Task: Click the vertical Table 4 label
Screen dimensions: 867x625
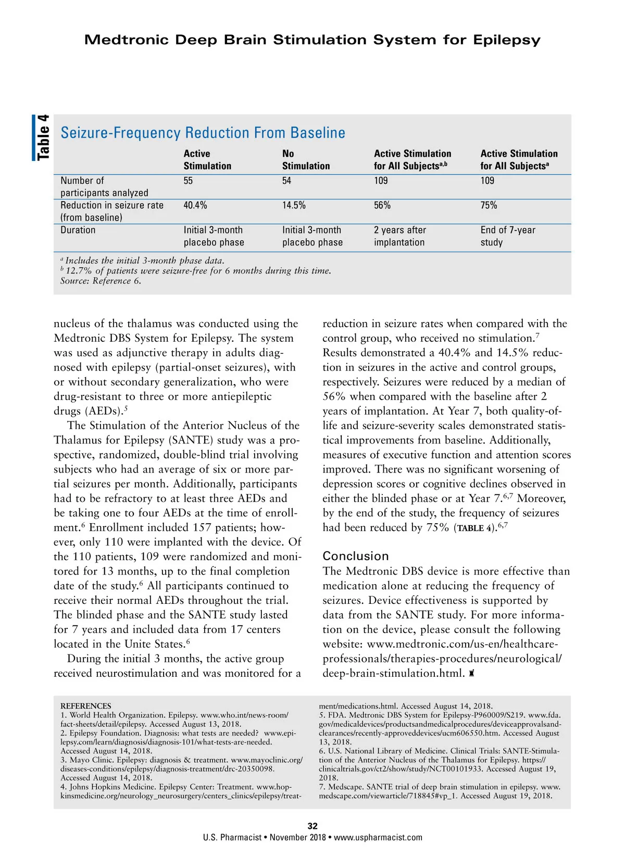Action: (43, 138)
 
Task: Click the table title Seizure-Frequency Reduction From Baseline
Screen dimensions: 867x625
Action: (203, 133)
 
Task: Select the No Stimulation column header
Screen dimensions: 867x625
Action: (306, 159)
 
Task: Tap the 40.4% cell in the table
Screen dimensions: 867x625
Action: (195, 205)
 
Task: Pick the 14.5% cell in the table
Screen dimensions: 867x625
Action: (294, 205)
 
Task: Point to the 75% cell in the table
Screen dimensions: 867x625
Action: (489, 205)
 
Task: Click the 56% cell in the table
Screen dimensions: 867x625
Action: (382, 205)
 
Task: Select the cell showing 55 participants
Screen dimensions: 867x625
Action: (188, 181)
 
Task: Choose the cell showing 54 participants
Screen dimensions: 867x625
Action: (286, 181)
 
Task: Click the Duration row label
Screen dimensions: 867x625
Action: (78, 230)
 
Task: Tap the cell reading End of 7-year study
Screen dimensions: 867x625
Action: (507, 236)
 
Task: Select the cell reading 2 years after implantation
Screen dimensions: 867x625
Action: (399, 236)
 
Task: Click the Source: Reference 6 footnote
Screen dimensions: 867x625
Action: (101, 281)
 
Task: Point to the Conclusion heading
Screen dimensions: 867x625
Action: (356, 556)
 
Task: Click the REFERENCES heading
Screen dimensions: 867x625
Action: (85, 706)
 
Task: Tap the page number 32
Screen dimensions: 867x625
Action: (312, 826)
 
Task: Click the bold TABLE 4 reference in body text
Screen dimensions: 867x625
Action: (476, 528)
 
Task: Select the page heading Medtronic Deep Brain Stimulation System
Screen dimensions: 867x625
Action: (312, 40)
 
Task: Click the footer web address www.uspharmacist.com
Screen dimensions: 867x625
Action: (378, 837)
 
